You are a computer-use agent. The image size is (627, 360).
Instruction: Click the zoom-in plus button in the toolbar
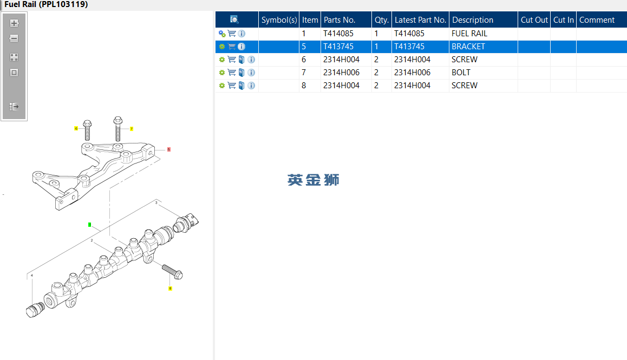(14, 23)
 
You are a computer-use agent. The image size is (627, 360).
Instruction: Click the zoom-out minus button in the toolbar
(14, 38)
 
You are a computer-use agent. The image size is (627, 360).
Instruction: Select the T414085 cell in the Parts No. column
(338, 34)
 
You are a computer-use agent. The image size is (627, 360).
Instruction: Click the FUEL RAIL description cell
(469, 34)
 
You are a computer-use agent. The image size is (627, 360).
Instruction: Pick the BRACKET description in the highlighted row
(468, 47)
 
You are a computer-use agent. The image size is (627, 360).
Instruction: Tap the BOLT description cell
(461, 73)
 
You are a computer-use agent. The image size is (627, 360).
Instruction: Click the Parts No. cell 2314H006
(341, 73)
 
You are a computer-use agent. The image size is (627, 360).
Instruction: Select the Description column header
(473, 20)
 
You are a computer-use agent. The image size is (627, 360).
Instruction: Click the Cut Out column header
(534, 20)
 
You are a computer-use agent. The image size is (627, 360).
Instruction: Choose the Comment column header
(597, 20)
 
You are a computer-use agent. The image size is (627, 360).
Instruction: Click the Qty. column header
(382, 20)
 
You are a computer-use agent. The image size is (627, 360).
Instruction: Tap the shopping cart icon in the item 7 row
(232, 73)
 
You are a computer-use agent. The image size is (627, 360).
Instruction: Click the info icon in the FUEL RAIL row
(241, 34)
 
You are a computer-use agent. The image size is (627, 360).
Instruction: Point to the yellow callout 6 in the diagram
(76, 128)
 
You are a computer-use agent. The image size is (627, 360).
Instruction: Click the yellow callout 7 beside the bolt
(132, 129)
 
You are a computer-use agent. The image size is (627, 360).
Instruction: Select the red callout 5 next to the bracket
(169, 149)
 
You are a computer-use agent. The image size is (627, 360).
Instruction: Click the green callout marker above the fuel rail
(89, 225)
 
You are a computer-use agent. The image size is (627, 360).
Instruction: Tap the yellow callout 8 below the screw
(171, 289)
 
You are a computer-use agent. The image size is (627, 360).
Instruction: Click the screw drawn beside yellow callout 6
(87, 130)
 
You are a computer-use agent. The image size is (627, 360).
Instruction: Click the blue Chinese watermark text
(313, 180)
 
